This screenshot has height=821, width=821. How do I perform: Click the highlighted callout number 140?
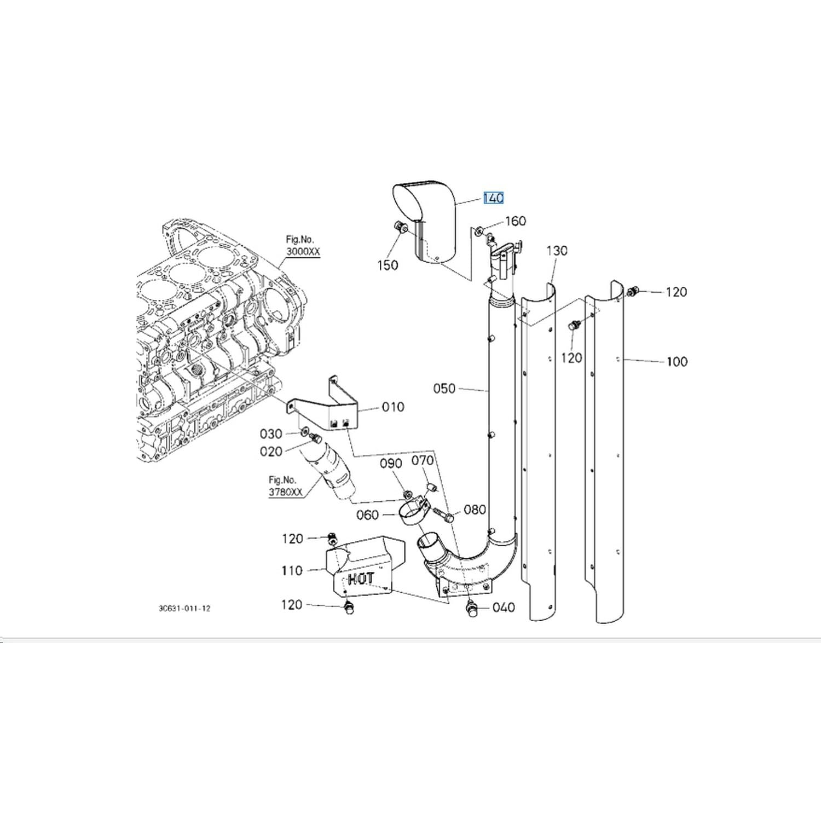pos(493,198)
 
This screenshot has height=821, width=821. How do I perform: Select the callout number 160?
pos(515,221)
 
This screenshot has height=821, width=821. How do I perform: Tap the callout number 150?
pos(388,265)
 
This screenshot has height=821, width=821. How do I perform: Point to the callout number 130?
pos(557,251)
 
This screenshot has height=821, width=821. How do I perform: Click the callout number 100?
pos(677,361)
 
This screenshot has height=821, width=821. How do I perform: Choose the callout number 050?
pos(444,389)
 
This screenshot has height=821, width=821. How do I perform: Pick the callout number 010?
pos(393,407)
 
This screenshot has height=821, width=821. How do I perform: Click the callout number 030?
pos(271,434)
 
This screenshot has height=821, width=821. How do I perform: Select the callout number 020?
pos(271,452)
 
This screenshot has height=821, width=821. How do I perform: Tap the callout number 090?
pos(391,463)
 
